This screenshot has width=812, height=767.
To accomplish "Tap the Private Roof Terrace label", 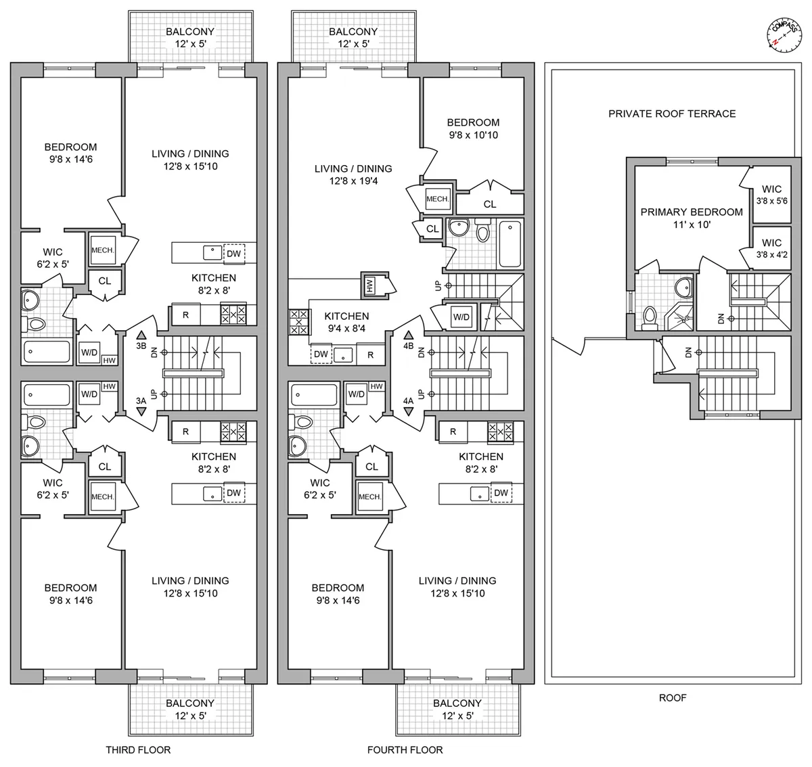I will (x=671, y=114).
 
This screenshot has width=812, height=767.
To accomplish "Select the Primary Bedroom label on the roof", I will (x=691, y=218).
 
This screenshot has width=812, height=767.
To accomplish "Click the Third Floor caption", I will (x=138, y=749).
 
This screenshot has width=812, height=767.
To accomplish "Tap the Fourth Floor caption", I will (x=405, y=749).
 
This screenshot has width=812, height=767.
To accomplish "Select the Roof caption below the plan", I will (x=672, y=697).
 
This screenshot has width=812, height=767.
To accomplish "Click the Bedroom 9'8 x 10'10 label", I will (x=473, y=129).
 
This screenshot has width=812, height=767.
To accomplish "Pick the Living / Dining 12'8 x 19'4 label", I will (x=353, y=175).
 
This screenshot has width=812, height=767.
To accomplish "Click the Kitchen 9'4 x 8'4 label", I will (x=346, y=322).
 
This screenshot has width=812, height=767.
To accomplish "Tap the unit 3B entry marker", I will (x=141, y=340).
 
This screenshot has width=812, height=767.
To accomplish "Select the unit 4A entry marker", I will (x=408, y=406).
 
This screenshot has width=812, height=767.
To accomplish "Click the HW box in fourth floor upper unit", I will (x=370, y=285).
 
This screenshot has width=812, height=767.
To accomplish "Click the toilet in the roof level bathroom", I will (x=650, y=316).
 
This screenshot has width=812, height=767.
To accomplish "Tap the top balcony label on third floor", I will (x=190, y=37).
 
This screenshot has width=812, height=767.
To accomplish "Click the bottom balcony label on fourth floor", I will (x=457, y=709).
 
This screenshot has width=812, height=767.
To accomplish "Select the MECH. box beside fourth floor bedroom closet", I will (x=436, y=198).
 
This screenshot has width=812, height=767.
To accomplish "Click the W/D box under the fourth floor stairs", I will (x=461, y=317).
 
